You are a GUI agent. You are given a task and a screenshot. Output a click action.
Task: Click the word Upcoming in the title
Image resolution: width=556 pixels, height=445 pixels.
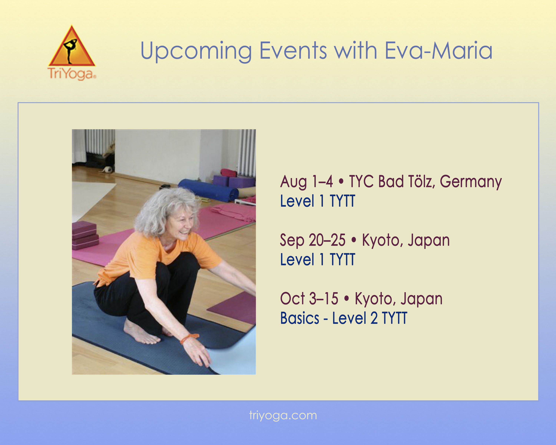196,51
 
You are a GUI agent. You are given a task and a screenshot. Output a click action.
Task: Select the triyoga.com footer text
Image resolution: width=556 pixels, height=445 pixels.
283,416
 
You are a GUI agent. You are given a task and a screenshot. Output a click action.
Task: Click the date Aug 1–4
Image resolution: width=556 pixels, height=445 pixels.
306,182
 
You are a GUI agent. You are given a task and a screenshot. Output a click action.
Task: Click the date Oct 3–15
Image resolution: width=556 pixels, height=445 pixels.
309,299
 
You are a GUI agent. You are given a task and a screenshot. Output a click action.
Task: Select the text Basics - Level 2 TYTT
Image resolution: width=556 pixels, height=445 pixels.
343,318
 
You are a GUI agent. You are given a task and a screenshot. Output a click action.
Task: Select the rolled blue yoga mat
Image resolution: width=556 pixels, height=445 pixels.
208,190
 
